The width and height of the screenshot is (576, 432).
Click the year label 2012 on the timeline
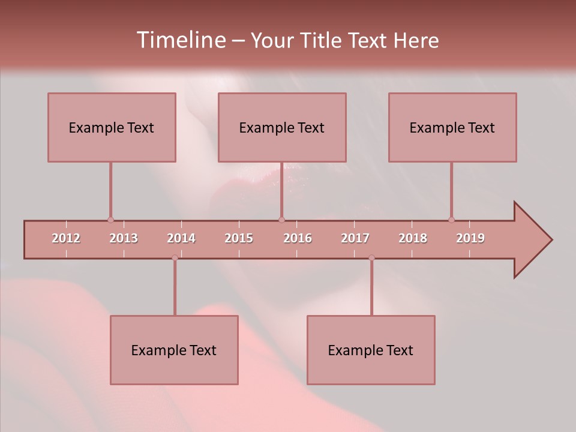(x=66, y=238)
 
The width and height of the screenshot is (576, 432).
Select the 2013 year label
(x=124, y=238)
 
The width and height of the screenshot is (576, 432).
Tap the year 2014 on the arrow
(x=181, y=238)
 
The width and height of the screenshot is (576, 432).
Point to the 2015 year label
(x=239, y=238)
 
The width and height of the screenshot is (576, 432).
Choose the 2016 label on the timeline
(x=298, y=238)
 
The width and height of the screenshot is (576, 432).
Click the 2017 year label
(x=355, y=238)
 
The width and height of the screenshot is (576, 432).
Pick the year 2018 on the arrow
(x=413, y=238)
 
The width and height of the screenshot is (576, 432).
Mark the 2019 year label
(x=470, y=238)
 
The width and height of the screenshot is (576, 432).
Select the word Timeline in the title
(x=180, y=40)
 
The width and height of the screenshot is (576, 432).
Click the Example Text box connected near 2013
(x=112, y=127)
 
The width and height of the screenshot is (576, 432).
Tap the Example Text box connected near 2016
(x=282, y=127)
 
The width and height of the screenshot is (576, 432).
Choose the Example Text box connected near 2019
(x=452, y=127)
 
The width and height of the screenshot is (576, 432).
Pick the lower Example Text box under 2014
(x=174, y=350)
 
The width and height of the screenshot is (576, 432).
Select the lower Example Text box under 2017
(x=371, y=350)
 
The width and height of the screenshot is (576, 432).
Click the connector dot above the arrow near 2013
(x=110, y=220)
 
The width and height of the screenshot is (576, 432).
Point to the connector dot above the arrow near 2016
(x=282, y=220)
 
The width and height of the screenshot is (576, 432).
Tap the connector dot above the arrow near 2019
(x=452, y=220)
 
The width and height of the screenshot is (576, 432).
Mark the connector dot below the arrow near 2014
(x=175, y=258)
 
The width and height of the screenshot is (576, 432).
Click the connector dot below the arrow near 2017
(x=371, y=258)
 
